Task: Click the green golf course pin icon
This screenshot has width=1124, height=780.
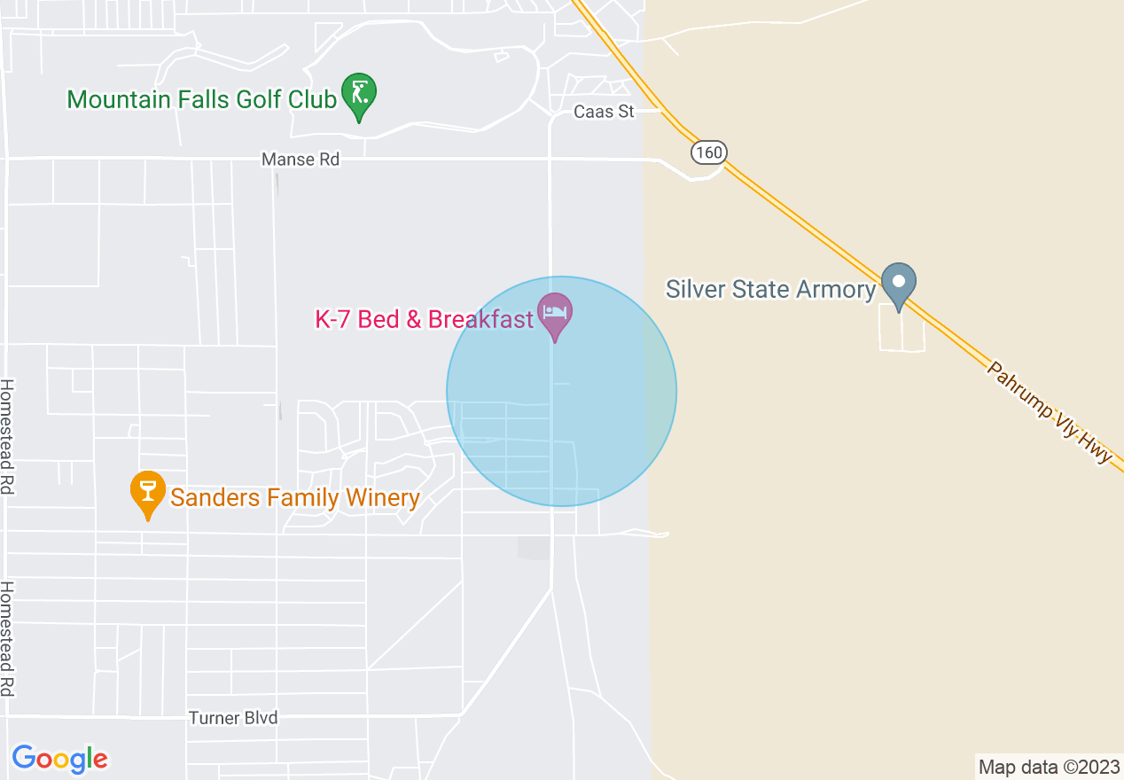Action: pyautogui.click(x=359, y=94)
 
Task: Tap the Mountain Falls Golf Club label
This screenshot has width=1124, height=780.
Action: pyautogui.click(x=202, y=99)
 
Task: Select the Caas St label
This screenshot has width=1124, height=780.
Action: pyautogui.click(x=604, y=113)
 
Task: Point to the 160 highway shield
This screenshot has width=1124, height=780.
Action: pyautogui.click(x=708, y=152)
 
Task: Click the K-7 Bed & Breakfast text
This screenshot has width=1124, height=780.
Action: pyautogui.click(x=424, y=319)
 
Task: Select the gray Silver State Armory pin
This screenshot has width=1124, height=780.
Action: pyautogui.click(x=899, y=284)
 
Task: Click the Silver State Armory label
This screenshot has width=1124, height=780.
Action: pyautogui.click(x=770, y=290)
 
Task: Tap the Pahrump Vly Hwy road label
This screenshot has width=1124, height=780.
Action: pyautogui.click(x=1050, y=412)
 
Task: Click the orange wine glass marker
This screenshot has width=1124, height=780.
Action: pyautogui.click(x=148, y=492)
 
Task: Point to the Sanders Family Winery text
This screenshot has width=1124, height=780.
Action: pyautogui.click(x=294, y=498)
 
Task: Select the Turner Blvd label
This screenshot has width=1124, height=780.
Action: pyautogui.click(x=234, y=718)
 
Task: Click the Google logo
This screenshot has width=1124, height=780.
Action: pyautogui.click(x=59, y=759)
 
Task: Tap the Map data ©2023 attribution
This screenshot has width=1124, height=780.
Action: pyautogui.click(x=1049, y=767)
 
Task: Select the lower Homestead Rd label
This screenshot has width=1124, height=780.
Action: pyautogui.click(x=8, y=639)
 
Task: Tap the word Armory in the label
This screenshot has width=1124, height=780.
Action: pyautogui.click(x=834, y=290)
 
